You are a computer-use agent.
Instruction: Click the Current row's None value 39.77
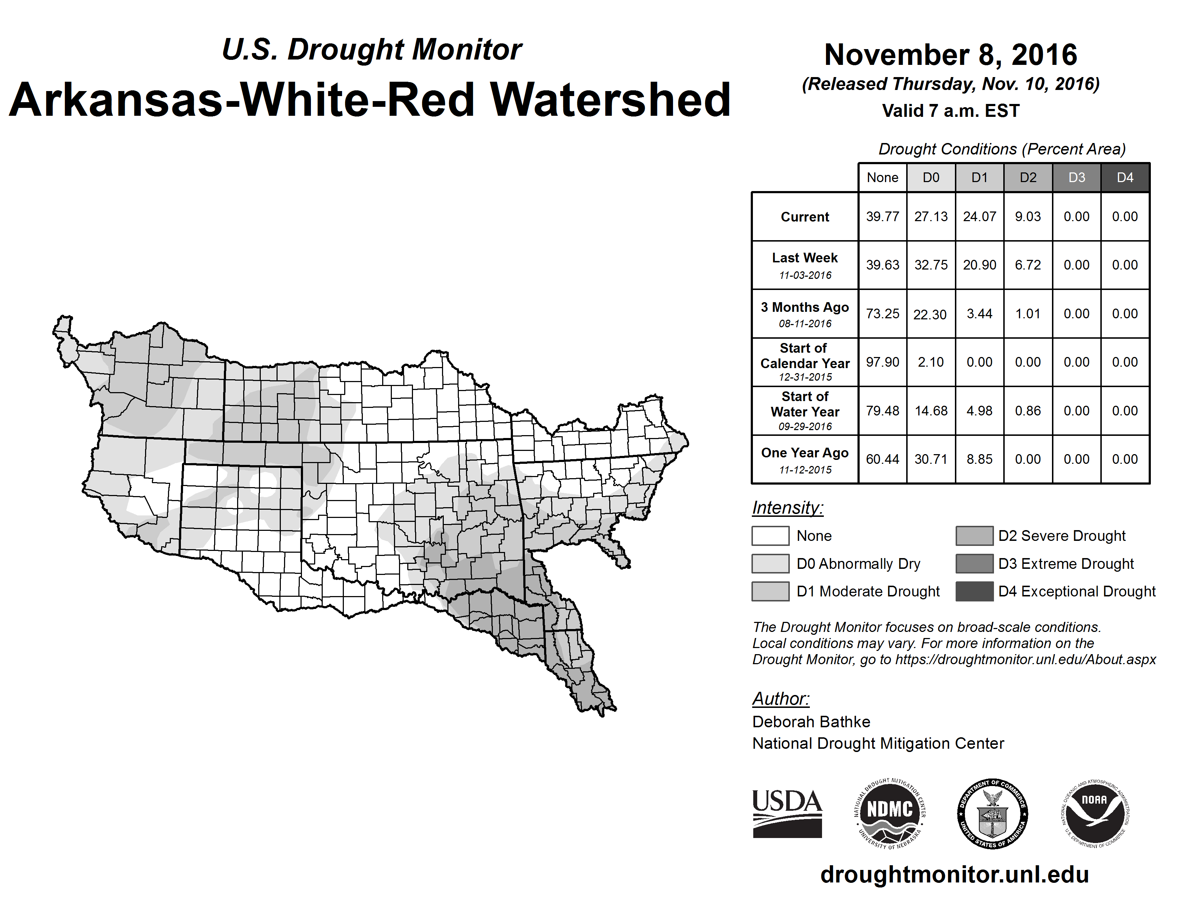pos(882,216)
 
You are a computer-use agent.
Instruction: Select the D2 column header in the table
pos(1028,177)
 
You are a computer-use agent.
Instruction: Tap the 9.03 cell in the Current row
pos(1028,216)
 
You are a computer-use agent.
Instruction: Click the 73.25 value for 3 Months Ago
pos(882,314)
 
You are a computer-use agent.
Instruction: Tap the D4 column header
pos(1125,177)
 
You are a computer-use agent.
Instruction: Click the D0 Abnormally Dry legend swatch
pos(770,563)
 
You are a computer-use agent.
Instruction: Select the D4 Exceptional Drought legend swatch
pos(974,591)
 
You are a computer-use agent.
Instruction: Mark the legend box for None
pos(770,535)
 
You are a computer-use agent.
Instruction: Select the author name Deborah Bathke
pos(811,722)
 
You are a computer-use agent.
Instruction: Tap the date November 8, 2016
pos(950,55)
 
